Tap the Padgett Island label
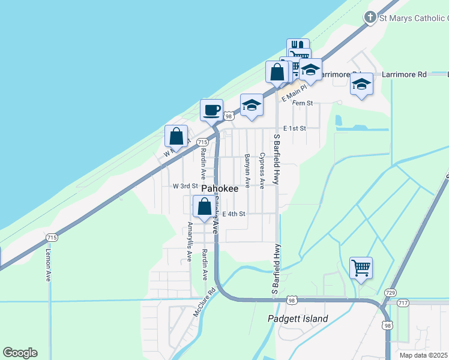click(298, 319)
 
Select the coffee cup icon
click(211, 110)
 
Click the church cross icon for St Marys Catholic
click(371, 17)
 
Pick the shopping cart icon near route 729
click(361, 267)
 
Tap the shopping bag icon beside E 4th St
click(204, 207)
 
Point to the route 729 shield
click(390, 292)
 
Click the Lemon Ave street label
click(48, 265)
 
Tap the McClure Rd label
click(203, 305)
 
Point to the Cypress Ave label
click(262, 167)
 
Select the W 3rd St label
click(185, 187)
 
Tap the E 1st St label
click(294, 128)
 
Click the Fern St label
click(303, 103)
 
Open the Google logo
click(20, 353)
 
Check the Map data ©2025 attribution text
click(424, 355)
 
